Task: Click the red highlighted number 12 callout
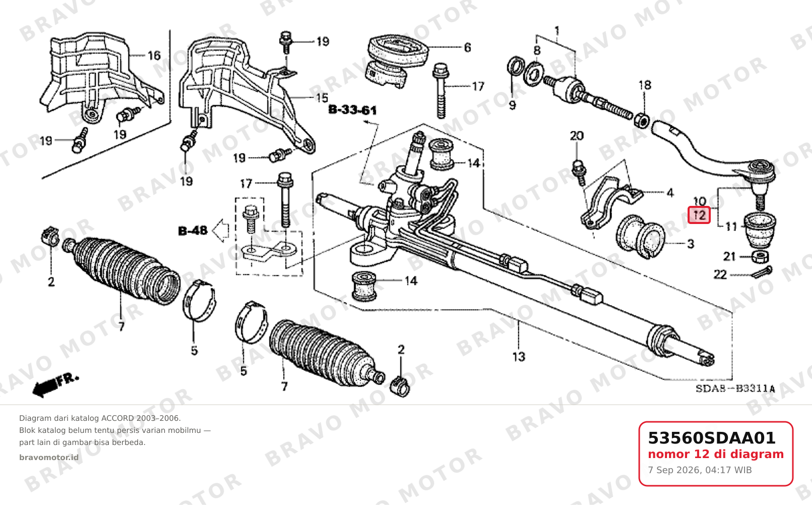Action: click(x=699, y=215)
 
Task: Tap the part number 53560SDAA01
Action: click(x=712, y=438)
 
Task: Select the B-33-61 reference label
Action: click(x=352, y=110)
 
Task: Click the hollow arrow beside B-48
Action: click(x=221, y=231)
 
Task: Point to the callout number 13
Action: click(x=519, y=357)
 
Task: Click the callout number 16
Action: click(x=154, y=55)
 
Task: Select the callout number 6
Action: click(x=467, y=47)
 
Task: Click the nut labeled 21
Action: click(x=759, y=257)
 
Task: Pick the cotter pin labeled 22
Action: click(x=762, y=272)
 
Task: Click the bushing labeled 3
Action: click(x=640, y=237)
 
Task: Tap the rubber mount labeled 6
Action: click(x=397, y=61)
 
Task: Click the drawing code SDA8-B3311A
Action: click(x=735, y=389)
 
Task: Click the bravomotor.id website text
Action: click(x=49, y=458)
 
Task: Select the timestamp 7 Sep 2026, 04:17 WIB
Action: click(x=700, y=470)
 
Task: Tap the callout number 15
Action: click(x=321, y=98)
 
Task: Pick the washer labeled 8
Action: click(x=534, y=74)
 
